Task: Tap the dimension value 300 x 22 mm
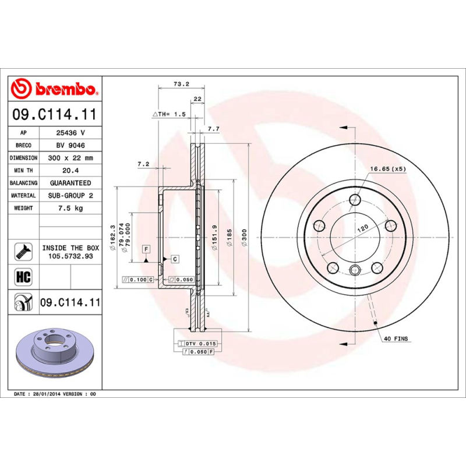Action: (x=70, y=158)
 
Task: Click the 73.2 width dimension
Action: (x=181, y=84)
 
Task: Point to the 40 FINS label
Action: (x=396, y=338)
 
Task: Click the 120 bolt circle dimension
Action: (x=362, y=228)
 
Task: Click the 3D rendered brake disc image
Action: (x=55, y=352)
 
